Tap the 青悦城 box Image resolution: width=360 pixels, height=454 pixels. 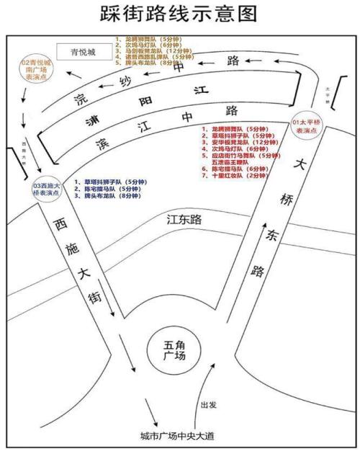point(84,51)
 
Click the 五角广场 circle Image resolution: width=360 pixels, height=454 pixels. point(175,351)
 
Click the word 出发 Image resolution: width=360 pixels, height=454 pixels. point(210,404)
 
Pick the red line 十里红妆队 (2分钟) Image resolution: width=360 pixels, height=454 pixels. point(235,175)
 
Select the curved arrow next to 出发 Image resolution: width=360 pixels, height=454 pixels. point(204,389)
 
